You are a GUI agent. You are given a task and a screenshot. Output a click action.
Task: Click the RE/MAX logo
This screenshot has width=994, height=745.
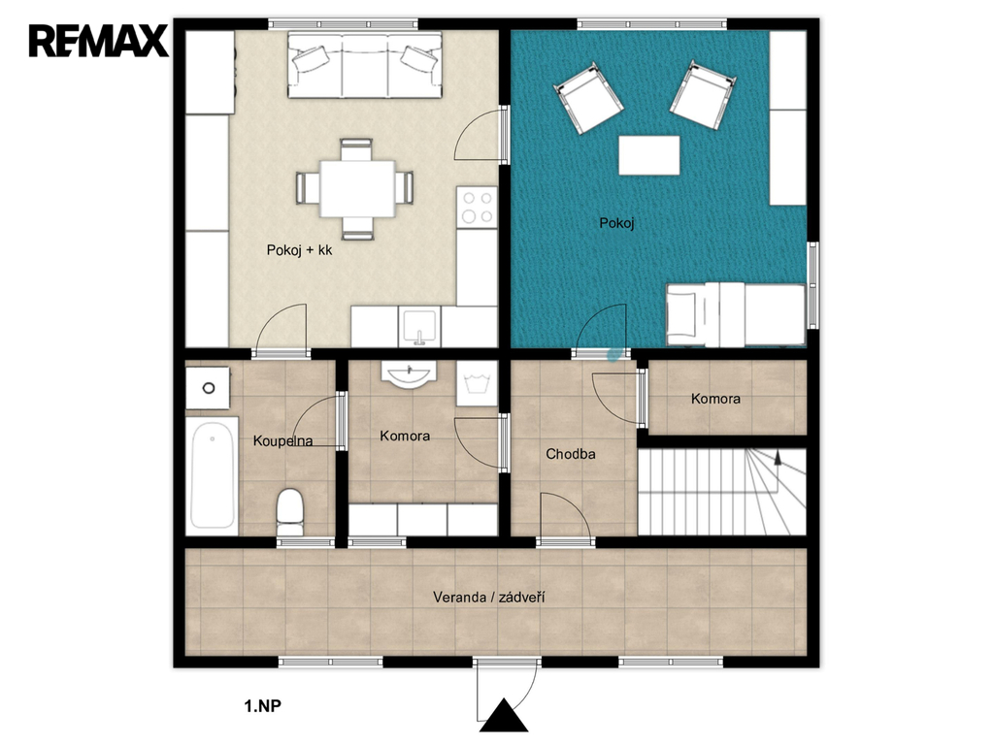click(98, 41)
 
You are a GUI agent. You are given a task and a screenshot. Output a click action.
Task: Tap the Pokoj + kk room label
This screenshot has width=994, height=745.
click(299, 250)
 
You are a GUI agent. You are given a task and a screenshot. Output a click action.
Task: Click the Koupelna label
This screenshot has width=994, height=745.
click(282, 441)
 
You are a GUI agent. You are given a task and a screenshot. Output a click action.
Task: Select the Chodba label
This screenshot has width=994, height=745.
click(571, 454)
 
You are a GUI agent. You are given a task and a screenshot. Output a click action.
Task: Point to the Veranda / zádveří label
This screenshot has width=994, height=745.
click(489, 597)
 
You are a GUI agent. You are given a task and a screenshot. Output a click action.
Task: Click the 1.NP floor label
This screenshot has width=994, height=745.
click(262, 706)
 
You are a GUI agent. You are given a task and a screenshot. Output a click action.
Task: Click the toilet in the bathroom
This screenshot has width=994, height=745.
click(290, 511)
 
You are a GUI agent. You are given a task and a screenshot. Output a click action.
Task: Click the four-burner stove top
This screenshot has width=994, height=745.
click(477, 207)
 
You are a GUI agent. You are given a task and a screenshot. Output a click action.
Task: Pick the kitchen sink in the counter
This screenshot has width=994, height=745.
click(419, 326)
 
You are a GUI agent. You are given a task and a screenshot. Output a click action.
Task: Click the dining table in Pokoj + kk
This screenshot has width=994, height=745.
click(357, 189)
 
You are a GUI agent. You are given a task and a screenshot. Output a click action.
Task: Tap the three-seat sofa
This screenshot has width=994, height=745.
click(365, 65)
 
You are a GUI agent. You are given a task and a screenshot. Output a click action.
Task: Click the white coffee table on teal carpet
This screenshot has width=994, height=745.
click(649, 155)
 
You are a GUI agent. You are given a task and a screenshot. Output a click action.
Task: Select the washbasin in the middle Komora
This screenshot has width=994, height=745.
click(409, 373)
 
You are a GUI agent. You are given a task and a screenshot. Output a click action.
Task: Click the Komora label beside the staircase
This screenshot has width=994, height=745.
click(715, 399)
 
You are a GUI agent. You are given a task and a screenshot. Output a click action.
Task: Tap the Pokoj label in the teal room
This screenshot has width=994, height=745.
click(616, 223)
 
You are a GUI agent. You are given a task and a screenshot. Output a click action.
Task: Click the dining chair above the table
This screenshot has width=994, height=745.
click(356, 149)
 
